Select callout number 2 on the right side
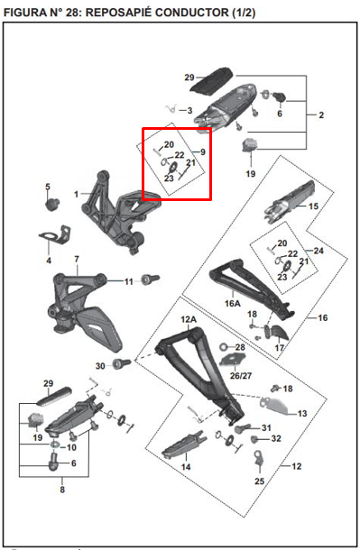pyautogui.click(x=321, y=115)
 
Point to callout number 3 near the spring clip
pyautogui.click(x=189, y=110)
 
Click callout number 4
pyautogui.click(x=49, y=261)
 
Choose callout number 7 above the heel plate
pyautogui.click(x=77, y=260)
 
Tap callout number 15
pyautogui.click(x=313, y=206)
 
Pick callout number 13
pyautogui.click(x=302, y=412)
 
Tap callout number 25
pyautogui.click(x=259, y=482)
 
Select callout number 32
pyautogui.click(x=276, y=438)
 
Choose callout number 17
pyautogui.click(x=280, y=348)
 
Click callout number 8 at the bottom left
pyautogui.click(x=61, y=490)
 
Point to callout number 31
pyautogui.click(x=266, y=427)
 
